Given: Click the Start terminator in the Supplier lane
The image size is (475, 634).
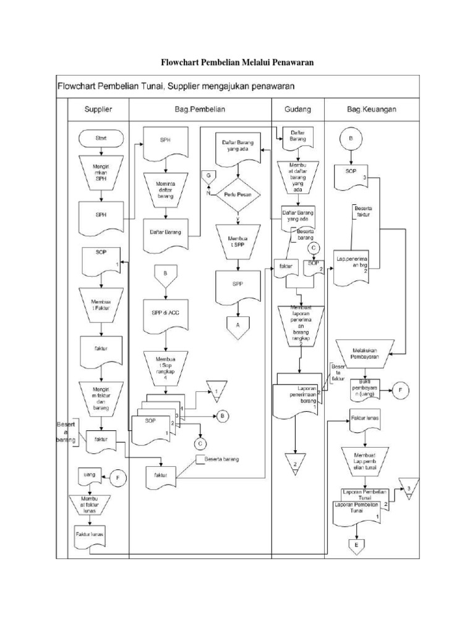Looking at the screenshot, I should tap(101, 137).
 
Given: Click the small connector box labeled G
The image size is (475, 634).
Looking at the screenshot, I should tap(209, 177).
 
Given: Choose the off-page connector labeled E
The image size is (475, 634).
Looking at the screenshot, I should tap(357, 545).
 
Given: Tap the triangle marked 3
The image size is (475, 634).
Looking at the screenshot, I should tap(408, 488).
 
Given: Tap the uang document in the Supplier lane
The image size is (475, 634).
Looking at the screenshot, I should tap(89, 475).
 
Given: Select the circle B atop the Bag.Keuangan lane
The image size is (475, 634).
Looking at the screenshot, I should tap(351, 139).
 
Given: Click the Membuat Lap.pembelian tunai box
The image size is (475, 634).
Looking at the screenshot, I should tap(366, 459).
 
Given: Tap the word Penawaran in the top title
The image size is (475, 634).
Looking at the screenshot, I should tap(293, 63).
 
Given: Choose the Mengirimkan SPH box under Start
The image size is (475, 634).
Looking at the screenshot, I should tap(101, 173).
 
